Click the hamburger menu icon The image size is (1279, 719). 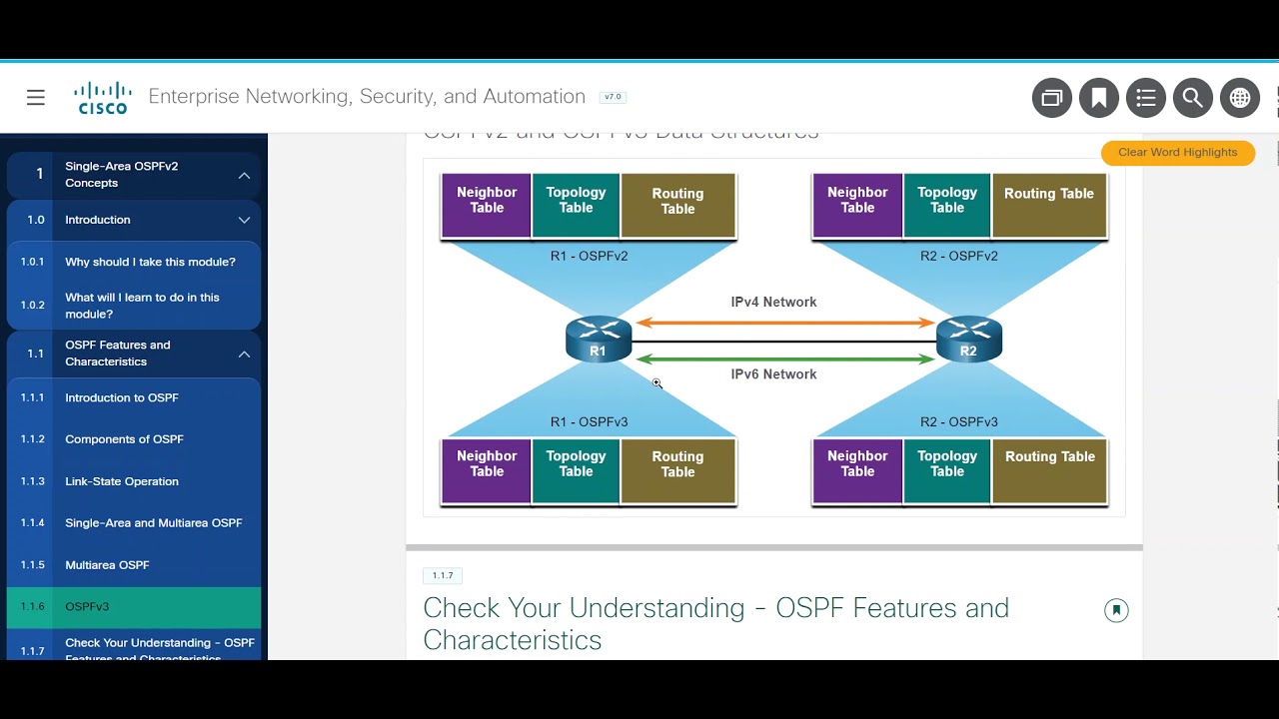click(36, 97)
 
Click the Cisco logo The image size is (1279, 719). click(102, 98)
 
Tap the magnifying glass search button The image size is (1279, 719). click(1192, 98)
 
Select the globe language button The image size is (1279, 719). click(1239, 98)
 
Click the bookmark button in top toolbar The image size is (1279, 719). click(1098, 98)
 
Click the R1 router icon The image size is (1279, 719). click(599, 339)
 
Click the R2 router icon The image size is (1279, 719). click(968, 339)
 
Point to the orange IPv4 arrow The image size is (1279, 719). click(785, 323)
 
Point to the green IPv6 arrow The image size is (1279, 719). click(785, 359)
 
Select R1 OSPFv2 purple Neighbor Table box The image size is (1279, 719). click(487, 206)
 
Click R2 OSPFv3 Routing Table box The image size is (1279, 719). click(1049, 469)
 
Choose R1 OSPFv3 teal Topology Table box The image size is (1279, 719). click(576, 469)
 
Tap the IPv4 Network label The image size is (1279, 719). click(773, 302)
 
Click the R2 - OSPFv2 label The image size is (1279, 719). click(958, 256)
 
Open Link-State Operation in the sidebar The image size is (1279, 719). click(122, 481)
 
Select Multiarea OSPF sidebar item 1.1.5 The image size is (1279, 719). click(107, 565)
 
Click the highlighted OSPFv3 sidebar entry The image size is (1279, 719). click(88, 606)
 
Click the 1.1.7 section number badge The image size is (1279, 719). click(443, 575)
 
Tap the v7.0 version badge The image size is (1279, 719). click(613, 97)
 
